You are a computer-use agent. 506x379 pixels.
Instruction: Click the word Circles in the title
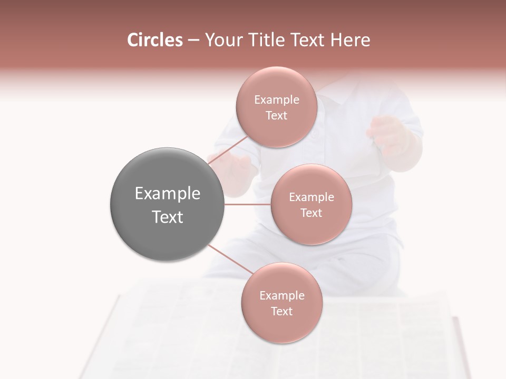point(155,40)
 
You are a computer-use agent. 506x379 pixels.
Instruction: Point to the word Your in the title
point(222,40)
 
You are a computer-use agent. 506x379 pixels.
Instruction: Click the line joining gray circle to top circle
point(228,153)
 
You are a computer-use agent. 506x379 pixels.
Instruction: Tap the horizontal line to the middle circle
point(248,204)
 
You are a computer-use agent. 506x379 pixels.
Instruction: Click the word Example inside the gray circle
point(167,194)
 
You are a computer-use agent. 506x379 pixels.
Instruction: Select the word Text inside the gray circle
point(167,217)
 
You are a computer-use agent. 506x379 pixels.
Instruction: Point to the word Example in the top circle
point(276,100)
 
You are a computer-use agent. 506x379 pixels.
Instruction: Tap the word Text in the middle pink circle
point(311,213)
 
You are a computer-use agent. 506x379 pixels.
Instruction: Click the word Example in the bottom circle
point(281,296)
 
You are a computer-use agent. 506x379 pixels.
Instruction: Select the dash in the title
point(193,40)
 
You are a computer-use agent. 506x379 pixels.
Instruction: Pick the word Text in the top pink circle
point(276,116)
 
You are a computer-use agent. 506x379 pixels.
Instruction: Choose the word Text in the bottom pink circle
point(281,312)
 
